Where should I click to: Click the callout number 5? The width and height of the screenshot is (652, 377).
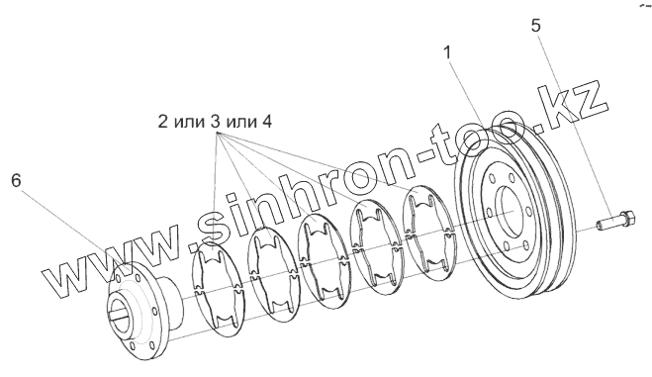pos(535,26)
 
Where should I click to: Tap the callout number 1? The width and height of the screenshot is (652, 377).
pos(447,52)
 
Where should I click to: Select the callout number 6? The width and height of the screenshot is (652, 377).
pos(16,181)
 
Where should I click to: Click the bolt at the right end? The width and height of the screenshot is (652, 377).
pos(615,220)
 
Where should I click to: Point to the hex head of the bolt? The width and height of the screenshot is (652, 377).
pos(628,219)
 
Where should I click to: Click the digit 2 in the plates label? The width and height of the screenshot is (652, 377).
pos(162,122)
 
